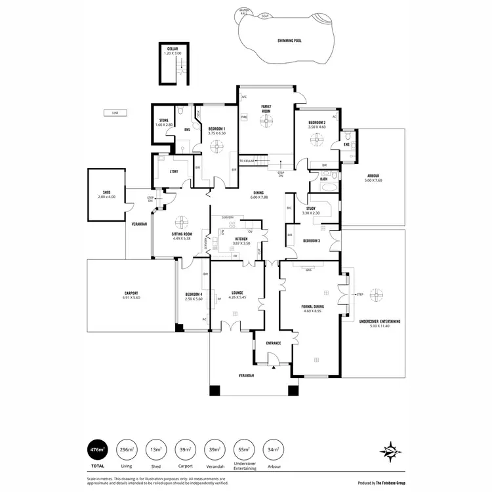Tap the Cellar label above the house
[173, 49]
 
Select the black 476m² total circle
[98, 450]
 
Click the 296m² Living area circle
[127, 450]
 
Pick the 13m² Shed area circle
[156, 450]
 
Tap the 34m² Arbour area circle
[273, 450]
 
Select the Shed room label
[106, 192]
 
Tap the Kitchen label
[241, 238]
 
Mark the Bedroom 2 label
[317, 122]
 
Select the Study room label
[310, 209]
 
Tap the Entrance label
[273, 343]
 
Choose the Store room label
[164, 120]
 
